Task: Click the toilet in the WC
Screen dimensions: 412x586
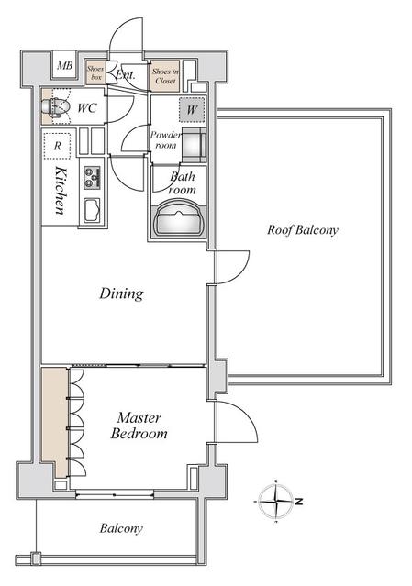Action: pos(57,107)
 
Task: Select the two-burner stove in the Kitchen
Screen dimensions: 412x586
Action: pos(93,177)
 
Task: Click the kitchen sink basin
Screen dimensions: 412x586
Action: pos(92,211)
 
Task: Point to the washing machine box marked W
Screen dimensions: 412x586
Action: pos(192,109)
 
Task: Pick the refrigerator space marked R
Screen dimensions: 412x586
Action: pos(57,146)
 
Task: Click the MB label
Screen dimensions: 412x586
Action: pos(64,66)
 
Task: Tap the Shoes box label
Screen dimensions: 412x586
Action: pos(95,72)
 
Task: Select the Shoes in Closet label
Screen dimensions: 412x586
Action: pos(165,76)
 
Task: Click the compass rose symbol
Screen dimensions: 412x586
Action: pos(276,501)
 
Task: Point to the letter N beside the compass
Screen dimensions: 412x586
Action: pos(298,501)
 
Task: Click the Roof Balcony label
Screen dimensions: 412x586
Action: pos(303,229)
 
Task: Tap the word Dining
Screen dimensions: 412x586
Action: pos(121,293)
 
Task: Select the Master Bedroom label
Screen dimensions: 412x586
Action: pos(139,426)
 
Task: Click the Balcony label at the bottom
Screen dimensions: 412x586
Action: pos(121,528)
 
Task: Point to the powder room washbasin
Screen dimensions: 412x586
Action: pos(194,143)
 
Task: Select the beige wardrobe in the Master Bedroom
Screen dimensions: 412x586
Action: pos(54,423)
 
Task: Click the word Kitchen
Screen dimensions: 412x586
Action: pos(61,191)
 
